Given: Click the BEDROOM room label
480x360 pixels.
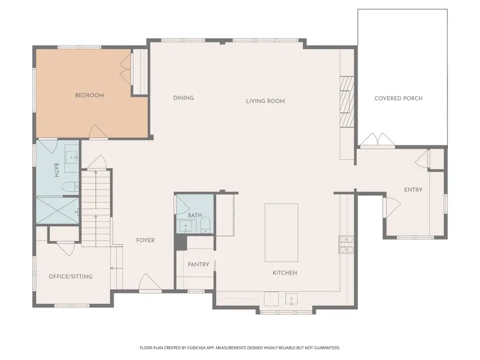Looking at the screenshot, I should point(89,95).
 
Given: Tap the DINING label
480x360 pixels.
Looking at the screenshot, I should point(183,98).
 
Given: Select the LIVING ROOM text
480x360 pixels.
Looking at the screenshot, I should point(265,101).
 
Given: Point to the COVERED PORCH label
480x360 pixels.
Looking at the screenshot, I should point(398,99).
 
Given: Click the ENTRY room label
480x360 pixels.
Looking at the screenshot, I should point(413,190).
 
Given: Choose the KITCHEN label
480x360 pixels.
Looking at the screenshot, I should point(285,273).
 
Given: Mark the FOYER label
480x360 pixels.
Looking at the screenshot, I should point(145,241).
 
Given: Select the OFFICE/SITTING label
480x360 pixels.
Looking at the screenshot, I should point(70,277).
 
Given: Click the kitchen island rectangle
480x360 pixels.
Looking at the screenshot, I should point(281,232).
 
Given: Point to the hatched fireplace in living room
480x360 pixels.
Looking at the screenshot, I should point(347,101).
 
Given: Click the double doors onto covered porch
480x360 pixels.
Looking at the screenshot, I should point(377,140).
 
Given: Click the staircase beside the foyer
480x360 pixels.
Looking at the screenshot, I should point(97,208).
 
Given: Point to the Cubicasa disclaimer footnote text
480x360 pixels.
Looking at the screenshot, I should point(239,348).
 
